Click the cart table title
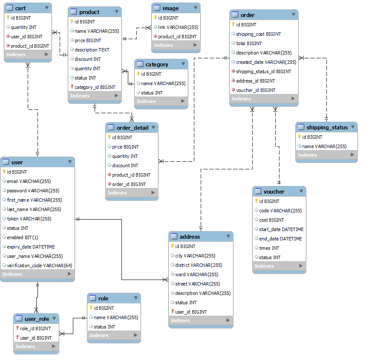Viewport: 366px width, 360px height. point(20,8)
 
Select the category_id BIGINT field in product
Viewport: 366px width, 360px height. point(95,87)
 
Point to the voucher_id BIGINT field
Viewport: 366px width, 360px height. point(256,90)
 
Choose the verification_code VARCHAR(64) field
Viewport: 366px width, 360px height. point(40,266)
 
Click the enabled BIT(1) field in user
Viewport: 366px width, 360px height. point(23,237)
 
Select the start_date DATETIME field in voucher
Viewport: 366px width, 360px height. point(281,229)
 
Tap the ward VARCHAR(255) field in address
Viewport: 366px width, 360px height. point(196,274)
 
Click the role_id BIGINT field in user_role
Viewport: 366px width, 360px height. point(35,329)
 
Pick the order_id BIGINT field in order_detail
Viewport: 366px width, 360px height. point(129,184)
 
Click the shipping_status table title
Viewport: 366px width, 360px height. point(327,127)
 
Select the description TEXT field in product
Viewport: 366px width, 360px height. point(92,50)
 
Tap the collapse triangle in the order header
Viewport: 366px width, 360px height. point(293,14)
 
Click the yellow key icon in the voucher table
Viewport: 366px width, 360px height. point(256,201)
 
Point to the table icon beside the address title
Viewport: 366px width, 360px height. point(174,237)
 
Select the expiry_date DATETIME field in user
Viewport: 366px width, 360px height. point(31,247)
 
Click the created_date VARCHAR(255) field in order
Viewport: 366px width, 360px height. point(266,62)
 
